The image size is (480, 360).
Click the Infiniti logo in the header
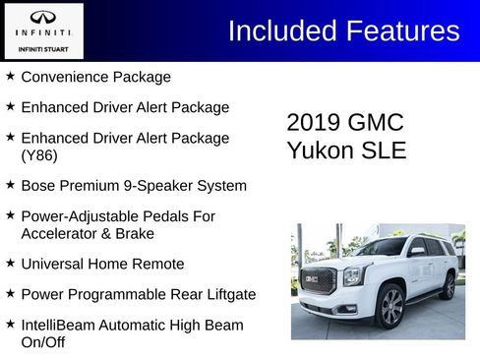[42, 18]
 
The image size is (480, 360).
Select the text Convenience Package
[95, 77]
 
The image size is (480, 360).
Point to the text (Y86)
[39, 155]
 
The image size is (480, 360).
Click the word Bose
[38, 185]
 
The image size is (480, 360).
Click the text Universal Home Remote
[102, 264]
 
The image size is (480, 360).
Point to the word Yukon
[319, 150]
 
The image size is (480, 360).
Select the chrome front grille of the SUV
[318, 282]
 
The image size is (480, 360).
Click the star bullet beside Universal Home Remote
[10, 263]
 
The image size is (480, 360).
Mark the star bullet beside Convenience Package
[10, 76]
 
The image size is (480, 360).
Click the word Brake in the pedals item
[135, 234]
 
